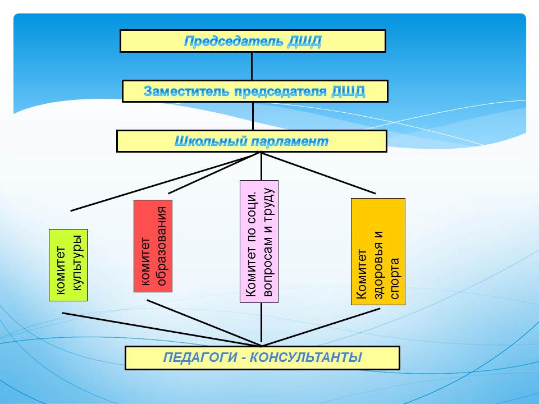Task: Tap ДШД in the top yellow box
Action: [x=304, y=41]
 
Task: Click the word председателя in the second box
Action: [x=272, y=91]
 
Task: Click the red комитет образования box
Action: [x=153, y=246]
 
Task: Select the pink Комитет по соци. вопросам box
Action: [x=259, y=241]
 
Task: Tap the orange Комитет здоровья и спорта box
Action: [x=378, y=251]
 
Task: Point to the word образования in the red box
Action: [x=161, y=246]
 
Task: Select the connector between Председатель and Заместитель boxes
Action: [x=252, y=66]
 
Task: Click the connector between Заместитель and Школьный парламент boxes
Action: [x=253, y=116]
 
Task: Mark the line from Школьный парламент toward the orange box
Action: [x=320, y=173]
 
